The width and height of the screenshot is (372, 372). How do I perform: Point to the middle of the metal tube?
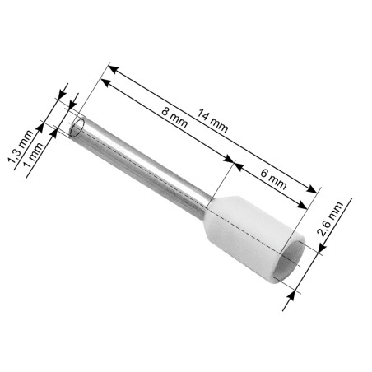click(148, 169)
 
